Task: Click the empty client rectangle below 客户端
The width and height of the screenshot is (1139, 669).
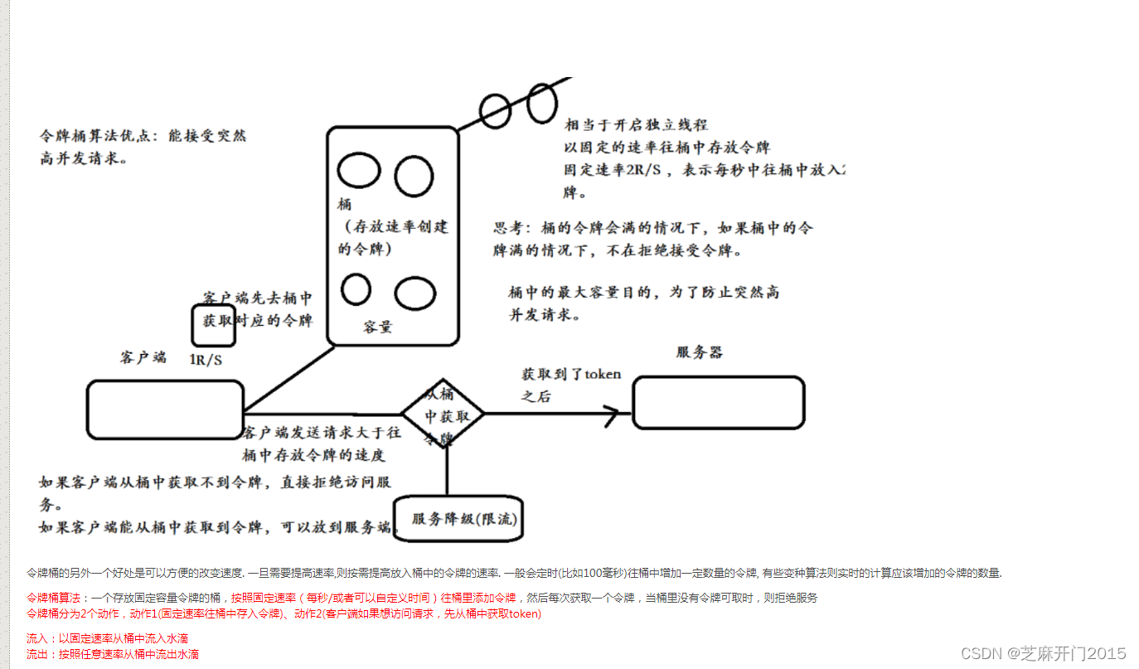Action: tap(165, 410)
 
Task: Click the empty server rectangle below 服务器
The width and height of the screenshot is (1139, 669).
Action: tap(718, 403)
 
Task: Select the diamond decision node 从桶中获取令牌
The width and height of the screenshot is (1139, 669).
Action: tap(443, 414)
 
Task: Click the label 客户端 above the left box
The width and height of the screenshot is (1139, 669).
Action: tap(143, 357)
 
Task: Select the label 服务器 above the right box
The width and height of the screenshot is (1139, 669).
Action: tap(700, 352)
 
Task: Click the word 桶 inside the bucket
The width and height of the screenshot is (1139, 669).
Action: tap(344, 204)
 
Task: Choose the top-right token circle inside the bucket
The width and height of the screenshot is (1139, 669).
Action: tap(413, 176)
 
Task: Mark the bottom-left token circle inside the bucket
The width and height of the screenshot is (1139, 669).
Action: tap(356, 289)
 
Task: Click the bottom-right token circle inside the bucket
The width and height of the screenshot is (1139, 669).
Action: tap(414, 293)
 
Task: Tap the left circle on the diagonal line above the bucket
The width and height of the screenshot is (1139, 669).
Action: tap(495, 110)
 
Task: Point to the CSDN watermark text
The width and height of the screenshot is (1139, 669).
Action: tap(1043, 653)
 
